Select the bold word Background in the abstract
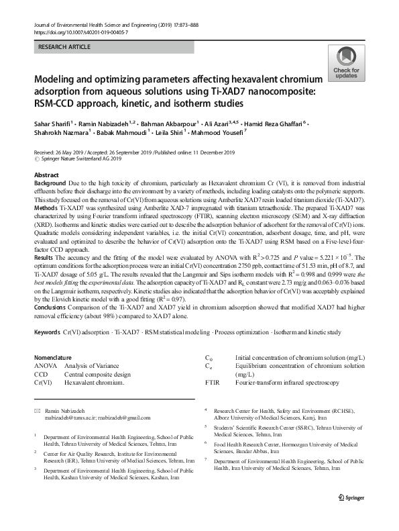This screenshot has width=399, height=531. coord(50,183)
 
